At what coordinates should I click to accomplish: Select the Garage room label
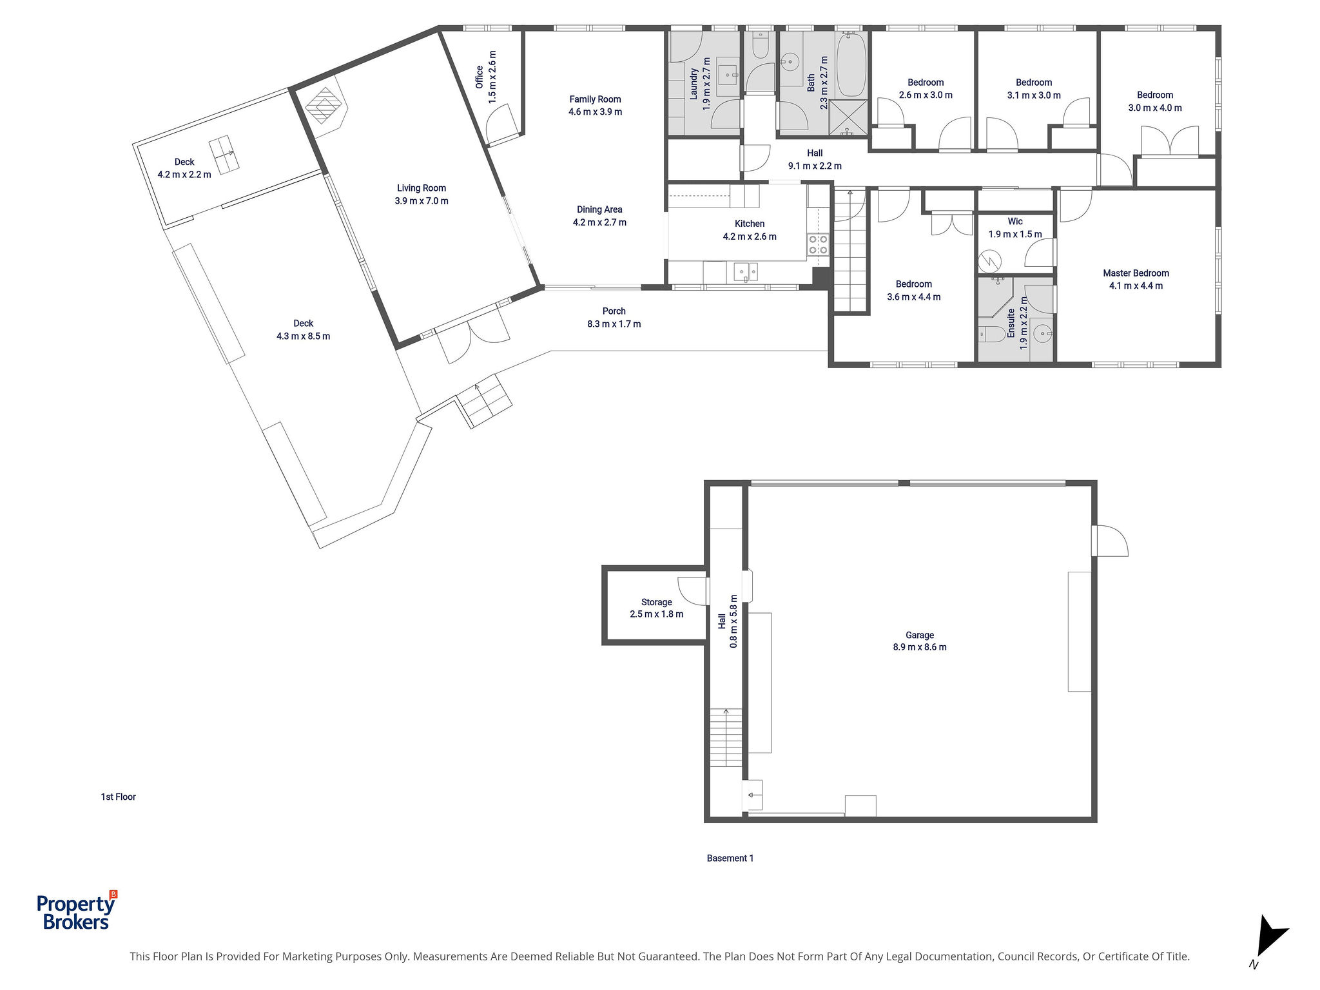click(919, 635)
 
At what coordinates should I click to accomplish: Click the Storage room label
click(656, 602)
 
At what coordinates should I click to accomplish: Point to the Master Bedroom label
click(1136, 273)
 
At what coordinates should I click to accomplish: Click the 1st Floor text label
click(118, 797)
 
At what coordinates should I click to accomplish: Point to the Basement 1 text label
click(730, 858)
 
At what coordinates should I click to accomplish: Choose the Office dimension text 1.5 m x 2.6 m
click(492, 77)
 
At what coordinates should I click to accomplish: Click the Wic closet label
click(1015, 221)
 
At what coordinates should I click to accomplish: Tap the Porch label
click(614, 311)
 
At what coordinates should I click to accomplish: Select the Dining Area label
click(599, 209)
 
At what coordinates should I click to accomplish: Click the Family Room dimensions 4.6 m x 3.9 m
click(595, 112)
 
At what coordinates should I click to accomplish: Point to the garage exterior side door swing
click(1110, 540)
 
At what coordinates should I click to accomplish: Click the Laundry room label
click(694, 83)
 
